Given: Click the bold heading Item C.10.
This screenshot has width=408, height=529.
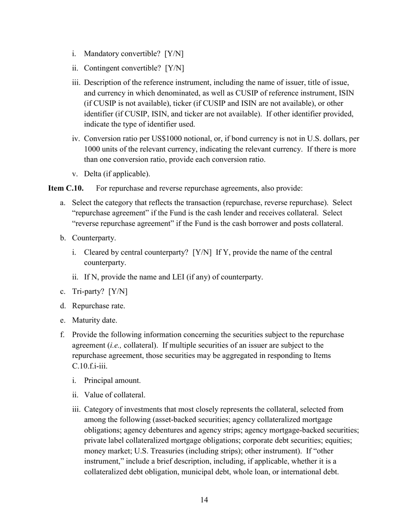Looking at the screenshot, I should (66, 188).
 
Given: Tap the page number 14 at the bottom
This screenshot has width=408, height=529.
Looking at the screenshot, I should (204, 500).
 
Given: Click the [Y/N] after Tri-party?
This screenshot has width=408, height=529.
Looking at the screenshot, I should (118, 292).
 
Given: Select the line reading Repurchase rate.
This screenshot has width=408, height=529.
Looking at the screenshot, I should (98, 306).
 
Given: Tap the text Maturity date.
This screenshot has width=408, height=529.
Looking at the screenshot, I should (94, 320).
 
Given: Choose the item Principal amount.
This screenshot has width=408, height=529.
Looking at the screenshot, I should (112, 381).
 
